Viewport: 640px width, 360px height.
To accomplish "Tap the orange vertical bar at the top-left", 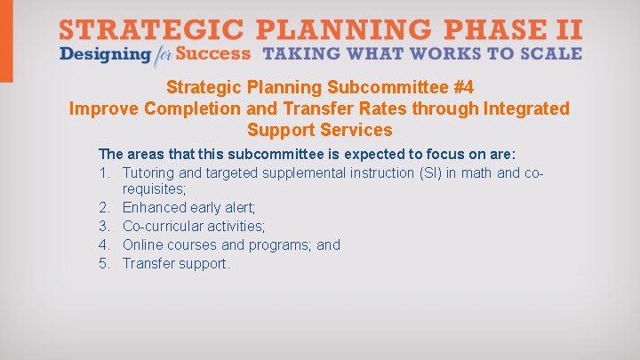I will pos(6,41).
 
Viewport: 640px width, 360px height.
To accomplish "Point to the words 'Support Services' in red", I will pos(319,130).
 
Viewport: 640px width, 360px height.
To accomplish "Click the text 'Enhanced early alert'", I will pos(188,207).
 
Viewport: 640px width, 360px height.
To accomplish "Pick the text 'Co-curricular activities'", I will pos(194,226).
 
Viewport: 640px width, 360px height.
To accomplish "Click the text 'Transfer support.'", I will pos(176,263).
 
